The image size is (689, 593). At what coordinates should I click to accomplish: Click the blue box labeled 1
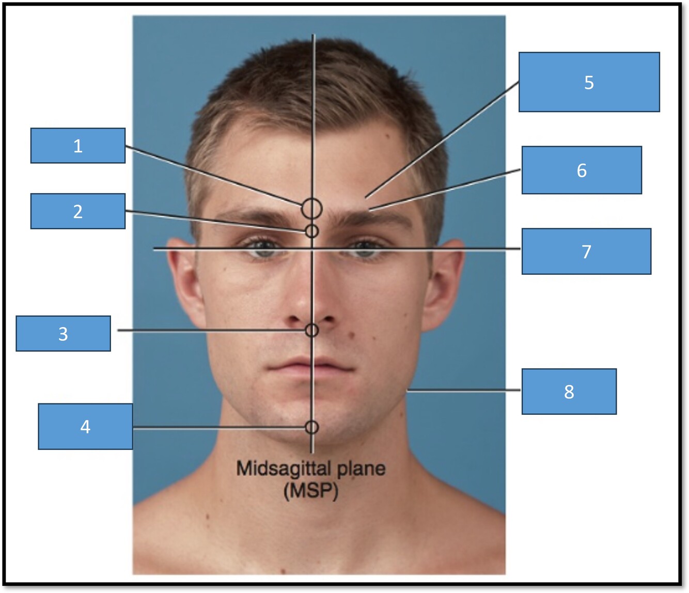point(77,146)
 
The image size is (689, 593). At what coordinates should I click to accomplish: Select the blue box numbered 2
point(77,211)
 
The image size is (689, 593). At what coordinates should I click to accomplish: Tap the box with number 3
point(63,334)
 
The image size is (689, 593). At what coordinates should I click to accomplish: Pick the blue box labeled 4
point(85,426)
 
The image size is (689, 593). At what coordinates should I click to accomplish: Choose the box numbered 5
point(589,82)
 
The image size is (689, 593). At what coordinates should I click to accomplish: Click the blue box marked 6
point(582,170)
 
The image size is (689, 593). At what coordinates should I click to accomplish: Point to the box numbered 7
point(586,252)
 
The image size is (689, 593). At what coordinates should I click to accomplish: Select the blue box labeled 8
point(569,392)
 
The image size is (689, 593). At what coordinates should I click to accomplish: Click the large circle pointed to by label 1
point(312,209)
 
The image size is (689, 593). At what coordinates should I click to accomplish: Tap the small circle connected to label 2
point(311,231)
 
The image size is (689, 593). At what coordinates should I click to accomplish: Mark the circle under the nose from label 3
point(311,330)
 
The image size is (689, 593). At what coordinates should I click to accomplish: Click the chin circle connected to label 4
point(311,427)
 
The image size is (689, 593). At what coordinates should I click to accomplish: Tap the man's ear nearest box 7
point(445,284)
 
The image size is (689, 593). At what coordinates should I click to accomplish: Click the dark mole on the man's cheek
point(352,336)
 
